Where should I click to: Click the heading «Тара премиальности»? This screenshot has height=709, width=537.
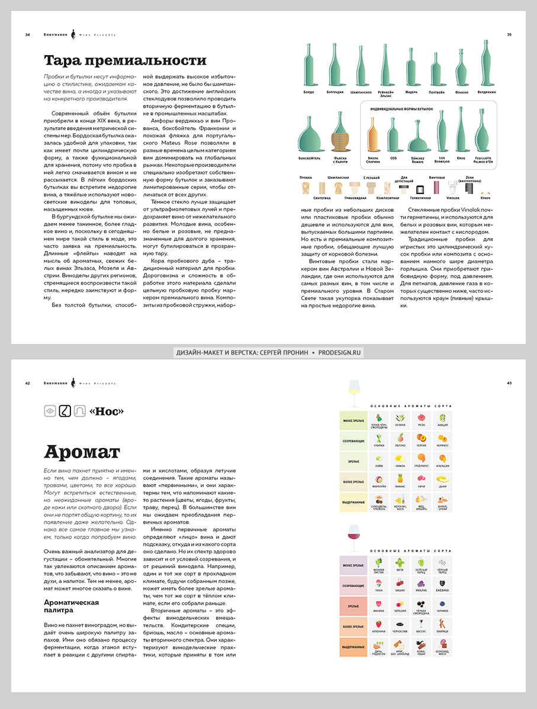125,61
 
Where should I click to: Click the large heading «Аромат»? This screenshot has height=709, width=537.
82,452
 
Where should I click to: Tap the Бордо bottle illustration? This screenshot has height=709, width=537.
308,66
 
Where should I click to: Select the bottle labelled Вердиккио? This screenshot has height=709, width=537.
487,66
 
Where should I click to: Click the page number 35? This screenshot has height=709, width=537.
509,34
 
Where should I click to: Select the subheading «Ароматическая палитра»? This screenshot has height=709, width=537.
71,606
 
